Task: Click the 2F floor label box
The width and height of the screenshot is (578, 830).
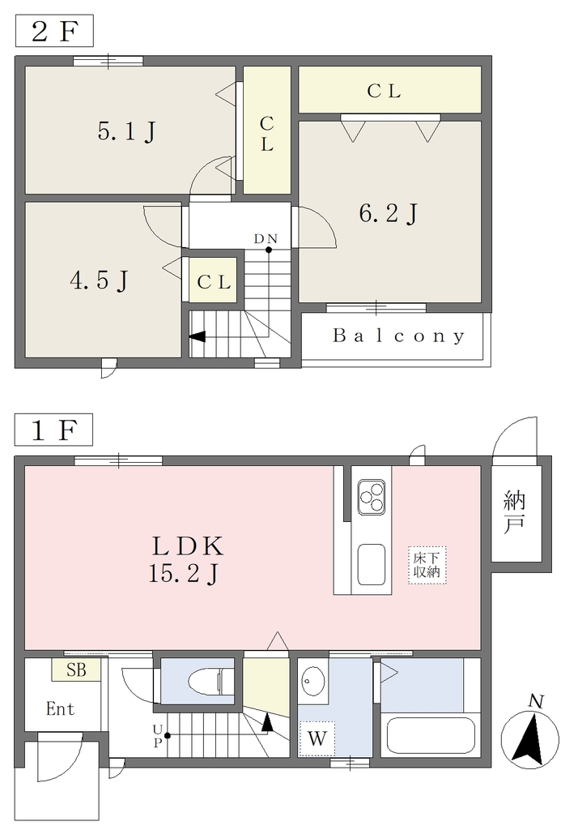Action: (x=54, y=32)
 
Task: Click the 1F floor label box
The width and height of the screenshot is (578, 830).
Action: (x=54, y=430)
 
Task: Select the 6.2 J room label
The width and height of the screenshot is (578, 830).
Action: (x=389, y=213)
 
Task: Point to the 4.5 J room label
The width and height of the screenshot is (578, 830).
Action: (x=99, y=280)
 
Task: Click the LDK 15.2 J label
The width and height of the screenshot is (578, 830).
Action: (x=186, y=559)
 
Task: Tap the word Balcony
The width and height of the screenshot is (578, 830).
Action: (x=399, y=336)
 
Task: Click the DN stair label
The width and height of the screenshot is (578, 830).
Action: (x=266, y=239)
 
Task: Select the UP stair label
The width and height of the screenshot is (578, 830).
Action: (x=157, y=736)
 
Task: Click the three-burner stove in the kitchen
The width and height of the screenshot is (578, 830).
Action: (x=372, y=497)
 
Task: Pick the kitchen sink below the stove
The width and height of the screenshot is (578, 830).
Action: (x=372, y=564)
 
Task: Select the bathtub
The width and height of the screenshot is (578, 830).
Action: (x=431, y=735)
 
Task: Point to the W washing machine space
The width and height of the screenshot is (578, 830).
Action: (x=317, y=738)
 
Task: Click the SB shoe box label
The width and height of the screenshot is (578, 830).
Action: (x=76, y=670)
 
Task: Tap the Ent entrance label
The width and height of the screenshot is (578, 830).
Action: (x=60, y=708)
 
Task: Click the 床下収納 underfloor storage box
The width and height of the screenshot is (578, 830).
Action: (x=427, y=565)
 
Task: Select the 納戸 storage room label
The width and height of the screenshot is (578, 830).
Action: (x=514, y=512)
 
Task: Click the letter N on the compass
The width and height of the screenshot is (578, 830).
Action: (x=536, y=702)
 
